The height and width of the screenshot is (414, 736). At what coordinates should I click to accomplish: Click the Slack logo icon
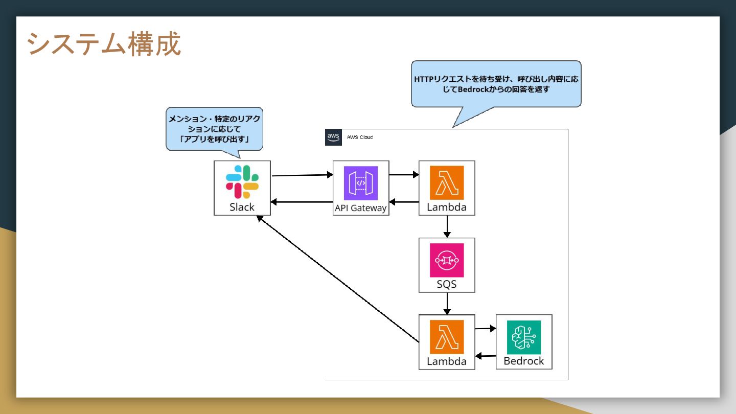[x=242, y=182]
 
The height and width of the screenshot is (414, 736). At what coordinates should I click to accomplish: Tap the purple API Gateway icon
[x=361, y=183]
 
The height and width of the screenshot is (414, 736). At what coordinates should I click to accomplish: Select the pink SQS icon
[x=447, y=260]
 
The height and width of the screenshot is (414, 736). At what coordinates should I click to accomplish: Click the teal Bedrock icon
[x=524, y=337]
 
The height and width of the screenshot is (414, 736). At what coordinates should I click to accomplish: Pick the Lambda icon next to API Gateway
[x=447, y=182]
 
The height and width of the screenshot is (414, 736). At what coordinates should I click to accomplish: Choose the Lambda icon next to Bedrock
[x=447, y=337]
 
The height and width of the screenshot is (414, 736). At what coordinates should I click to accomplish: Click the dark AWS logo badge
[x=333, y=137]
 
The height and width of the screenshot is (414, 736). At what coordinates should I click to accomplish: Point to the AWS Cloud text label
[x=360, y=137]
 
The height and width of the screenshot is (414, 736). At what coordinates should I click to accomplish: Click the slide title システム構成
[x=103, y=44]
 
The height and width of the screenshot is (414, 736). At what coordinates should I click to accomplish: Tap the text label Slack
[x=242, y=207]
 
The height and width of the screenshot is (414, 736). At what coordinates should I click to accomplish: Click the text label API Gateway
[x=361, y=208]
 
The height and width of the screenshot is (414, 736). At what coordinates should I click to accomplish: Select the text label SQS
[x=447, y=284]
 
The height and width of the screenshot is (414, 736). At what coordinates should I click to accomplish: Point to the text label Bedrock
[x=524, y=361]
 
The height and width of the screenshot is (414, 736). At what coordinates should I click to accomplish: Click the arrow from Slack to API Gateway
[x=302, y=175]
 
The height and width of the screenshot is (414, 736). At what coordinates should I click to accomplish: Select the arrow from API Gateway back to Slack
[x=302, y=202]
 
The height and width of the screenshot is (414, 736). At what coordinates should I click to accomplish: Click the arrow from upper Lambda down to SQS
[x=447, y=227]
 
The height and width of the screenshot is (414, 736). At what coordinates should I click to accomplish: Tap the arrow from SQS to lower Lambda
[x=447, y=304]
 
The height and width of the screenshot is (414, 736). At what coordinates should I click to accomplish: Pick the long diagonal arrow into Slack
[x=338, y=279]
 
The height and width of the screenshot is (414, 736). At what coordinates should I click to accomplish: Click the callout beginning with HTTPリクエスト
[x=496, y=84]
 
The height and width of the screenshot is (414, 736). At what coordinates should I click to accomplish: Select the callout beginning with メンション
[x=214, y=129]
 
